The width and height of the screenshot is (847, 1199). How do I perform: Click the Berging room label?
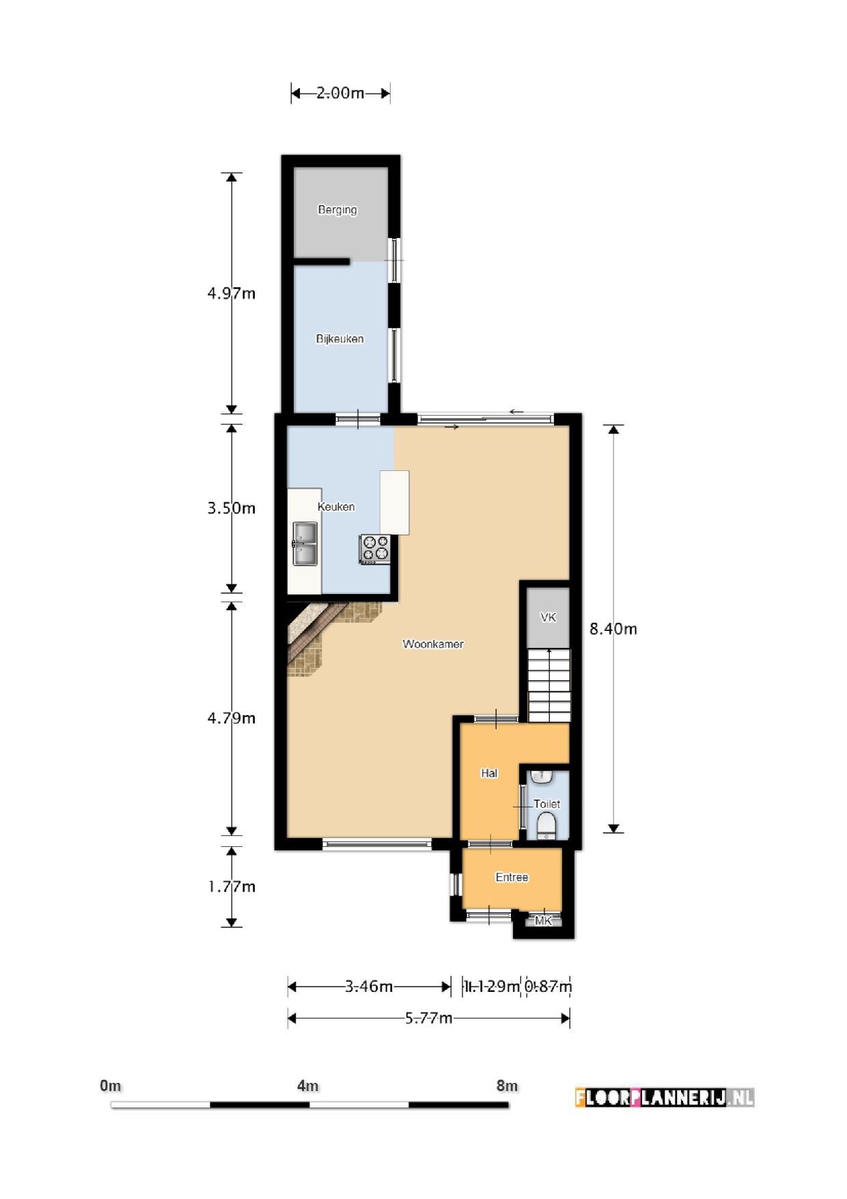click(x=337, y=210)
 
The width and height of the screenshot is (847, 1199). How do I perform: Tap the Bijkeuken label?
click(x=339, y=339)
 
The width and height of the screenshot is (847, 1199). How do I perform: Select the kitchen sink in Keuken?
click(x=305, y=543)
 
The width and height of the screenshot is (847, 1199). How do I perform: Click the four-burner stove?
click(x=375, y=549)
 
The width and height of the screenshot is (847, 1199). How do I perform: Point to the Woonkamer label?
click(x=433, y=644)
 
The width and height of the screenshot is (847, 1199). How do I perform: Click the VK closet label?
click(x=548, y=617)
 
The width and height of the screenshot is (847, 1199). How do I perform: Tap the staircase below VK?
click(x=549, y=685)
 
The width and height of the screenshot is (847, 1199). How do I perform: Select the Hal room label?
click(x=489, y=773)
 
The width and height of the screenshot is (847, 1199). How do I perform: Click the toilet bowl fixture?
click(x=546, y=826)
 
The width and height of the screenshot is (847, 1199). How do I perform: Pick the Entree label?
click(x=512, y=877)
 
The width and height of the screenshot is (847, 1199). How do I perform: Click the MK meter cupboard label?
click(x=543, y=921)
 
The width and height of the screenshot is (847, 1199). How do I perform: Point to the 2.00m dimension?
click(x=340, y=93)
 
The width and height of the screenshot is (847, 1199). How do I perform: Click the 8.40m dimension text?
click(x=613, y=629)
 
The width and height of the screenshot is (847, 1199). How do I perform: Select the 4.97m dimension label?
click(x=232, y=293)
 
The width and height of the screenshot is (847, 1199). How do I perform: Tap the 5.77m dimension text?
click(x=428, y=1019)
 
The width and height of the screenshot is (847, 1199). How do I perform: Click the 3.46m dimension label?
click(x=369, y=986)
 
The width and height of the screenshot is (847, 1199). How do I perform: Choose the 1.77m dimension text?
click(x=232, y=887)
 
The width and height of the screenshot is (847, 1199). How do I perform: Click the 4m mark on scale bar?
click(x=308, y=1086)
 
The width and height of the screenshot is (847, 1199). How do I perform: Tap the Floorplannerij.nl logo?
click(x=665, y=1098)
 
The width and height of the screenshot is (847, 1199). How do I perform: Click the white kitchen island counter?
click(x=395, y=502)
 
